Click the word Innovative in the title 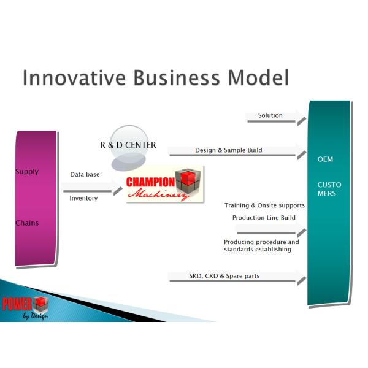pyautogui.click(x=67, y=79)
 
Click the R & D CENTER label pyautogui.click(x=128, y=145)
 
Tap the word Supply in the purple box pyautogui.click(x=27, y=172)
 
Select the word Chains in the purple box pyautogui.click(x=27, y=223)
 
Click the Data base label pyautogui.click(x=85, y=175)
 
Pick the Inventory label pyautogui.click(x=83, y=198)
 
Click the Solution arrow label pyautogui.click(x=270, y=115)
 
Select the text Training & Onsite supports pyautogui.click(x=264, y=205)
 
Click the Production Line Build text pyautogui.click(x=264, y=218)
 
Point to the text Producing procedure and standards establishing pyautogui.click(x=261, y=246)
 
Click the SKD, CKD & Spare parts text pyautogui.click(x=224, y=276)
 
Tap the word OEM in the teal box pyautogui.click(x=325, y=159)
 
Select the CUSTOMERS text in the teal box pyautogui.click(x=329, y=189)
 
